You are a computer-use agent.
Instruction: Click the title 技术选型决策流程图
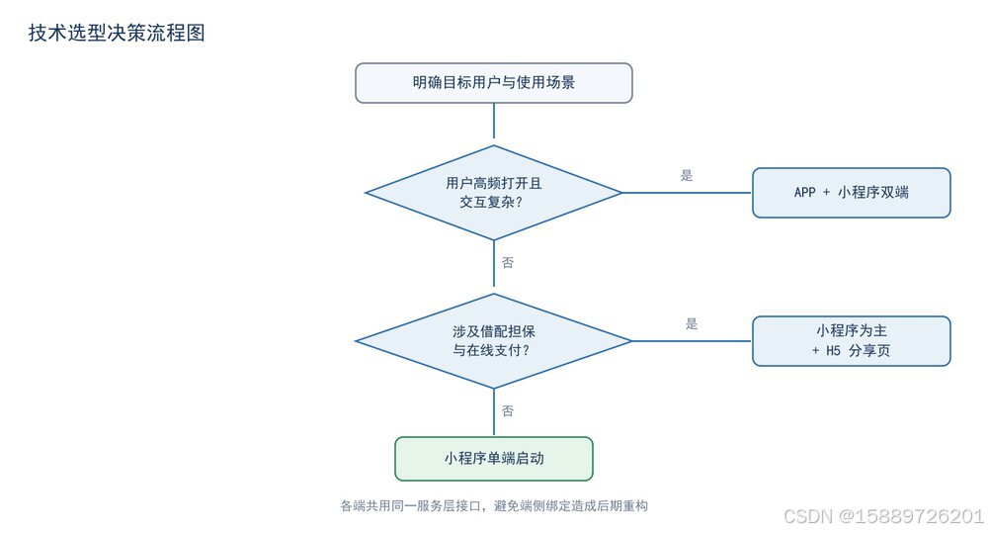coord(117,33)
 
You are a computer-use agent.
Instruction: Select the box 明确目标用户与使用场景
coord(493,83)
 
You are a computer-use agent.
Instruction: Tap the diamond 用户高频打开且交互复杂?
coord(493,193)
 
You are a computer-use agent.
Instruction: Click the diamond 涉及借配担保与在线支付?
coord(493,341)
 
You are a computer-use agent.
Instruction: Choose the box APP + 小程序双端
coord(852,193)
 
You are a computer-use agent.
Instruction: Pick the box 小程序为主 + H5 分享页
coord(852,341)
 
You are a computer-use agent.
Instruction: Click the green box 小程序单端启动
coord(493,458)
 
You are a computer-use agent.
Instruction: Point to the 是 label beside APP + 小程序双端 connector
coord(687,176)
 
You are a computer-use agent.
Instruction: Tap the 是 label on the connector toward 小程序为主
coord(692,324)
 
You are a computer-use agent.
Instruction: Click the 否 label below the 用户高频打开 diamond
coord(508,262)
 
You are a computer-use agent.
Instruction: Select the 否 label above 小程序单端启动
coord(508,411)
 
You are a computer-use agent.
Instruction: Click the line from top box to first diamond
coord(493,121)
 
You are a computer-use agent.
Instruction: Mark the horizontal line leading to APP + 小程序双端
coord(687,193)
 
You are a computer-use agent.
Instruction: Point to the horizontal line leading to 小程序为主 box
coord(692,341)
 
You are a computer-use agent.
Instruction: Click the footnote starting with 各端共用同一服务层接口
coord(494,505)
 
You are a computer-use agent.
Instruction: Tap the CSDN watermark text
coord(884,516)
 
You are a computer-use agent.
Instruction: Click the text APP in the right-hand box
coord(804,192)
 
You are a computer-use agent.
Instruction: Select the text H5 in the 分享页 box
coord(834,350)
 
